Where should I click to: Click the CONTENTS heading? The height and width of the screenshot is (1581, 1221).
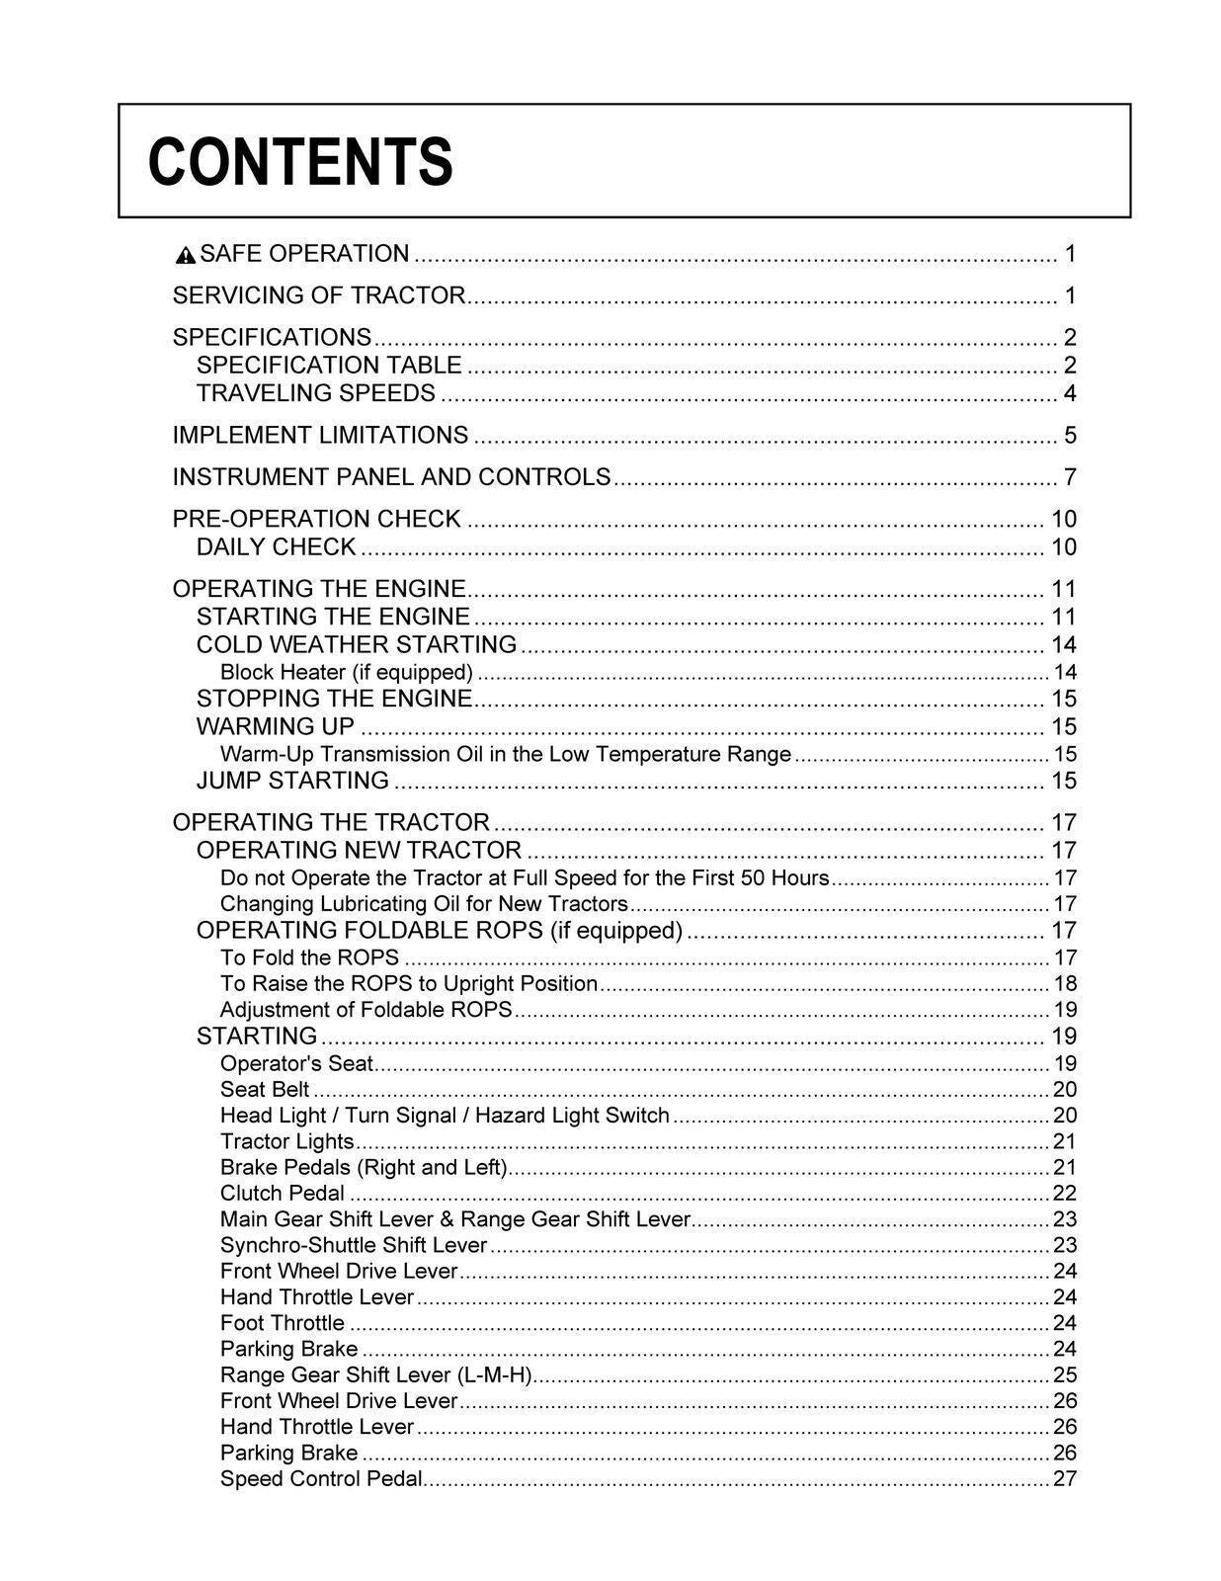pyautogui.click(x=300, y=162)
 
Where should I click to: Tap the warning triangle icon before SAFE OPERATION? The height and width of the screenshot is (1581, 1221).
pyautogui.click(x=185, y=256)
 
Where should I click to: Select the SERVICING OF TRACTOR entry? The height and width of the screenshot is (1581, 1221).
pyautogui.click(x=318, y=295)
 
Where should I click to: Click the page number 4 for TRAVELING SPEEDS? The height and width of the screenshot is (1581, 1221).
pyautogui.click(x=1069, y=393)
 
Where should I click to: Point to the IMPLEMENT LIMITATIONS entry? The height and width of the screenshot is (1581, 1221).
pyautogui.click(x=320, y=435)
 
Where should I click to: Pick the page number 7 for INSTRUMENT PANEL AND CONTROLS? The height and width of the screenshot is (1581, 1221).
pyautogui.click(x=1069, y=477)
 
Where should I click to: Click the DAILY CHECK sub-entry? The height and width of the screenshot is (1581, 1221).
pyautogui.click(x=276, y=546)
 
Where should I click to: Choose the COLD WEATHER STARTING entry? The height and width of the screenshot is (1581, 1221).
pyautogui.click(x=356, y=644)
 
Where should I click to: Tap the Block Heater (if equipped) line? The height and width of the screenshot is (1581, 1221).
pyautogui.click(x=346, y=672)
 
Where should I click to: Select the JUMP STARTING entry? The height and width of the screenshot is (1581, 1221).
pyautogui.click(x=292, y=780)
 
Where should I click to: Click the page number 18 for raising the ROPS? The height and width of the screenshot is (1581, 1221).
pyautogui.click(x=1065, y=983)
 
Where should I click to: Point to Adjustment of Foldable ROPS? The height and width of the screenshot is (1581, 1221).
pyautogui.click(x=366, y=1009)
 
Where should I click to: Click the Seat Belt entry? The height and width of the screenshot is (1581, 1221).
pyautogui.click(x=264, y=1089)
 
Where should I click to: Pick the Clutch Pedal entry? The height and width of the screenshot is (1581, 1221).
pyautogui.click(x=282, y=1193)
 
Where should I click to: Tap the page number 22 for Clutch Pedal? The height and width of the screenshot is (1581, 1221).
pyautogui.click(x=1065, y=1193)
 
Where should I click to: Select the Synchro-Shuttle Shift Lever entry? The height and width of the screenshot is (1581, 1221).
pyautogui.click(x=353, y=1245)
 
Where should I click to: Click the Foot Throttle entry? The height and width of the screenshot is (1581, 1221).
pyautogui.click(x=282, y=1322)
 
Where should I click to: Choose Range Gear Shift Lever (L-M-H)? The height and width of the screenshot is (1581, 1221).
pyautogui.click(x=375, y=1374)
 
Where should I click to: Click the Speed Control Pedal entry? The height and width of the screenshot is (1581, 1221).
pyautogui.click(x=321, y=1478)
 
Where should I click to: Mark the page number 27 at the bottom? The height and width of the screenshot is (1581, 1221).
pyautogui.click(x=1065, y=1478)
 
